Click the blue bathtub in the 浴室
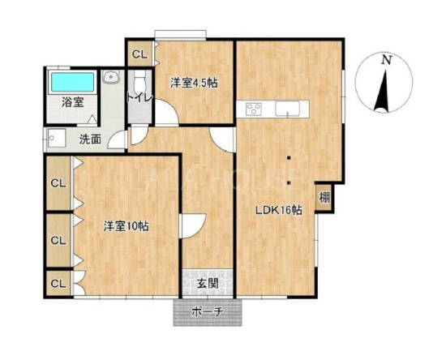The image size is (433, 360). tap(73, 82)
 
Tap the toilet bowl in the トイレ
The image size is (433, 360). tap(139, 79)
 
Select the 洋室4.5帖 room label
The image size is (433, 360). tap(194, 83)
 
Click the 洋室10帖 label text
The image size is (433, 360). tap(126, 226)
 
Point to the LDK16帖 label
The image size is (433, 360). tap(278, 211)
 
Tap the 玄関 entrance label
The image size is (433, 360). tap(208, 284)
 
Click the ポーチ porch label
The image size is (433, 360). tap(207, 312)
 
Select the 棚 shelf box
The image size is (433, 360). tap(324, 197)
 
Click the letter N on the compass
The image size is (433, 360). tap(386, 60)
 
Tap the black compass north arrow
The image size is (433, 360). tap(383, 91)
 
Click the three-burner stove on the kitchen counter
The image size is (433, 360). tap(254, 109)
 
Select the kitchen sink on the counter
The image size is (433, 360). tap(288, 109)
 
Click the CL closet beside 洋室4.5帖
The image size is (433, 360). tap(139, 54)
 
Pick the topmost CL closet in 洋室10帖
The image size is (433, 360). tap(58, 183)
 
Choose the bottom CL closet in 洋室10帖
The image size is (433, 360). tap(58, 284)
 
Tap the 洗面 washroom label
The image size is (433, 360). tap(90, 139)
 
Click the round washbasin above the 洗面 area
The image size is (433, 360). tap(111, 77)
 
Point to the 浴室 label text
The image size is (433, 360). tap(73, 102)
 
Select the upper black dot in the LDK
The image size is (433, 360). tap(289, 158)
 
